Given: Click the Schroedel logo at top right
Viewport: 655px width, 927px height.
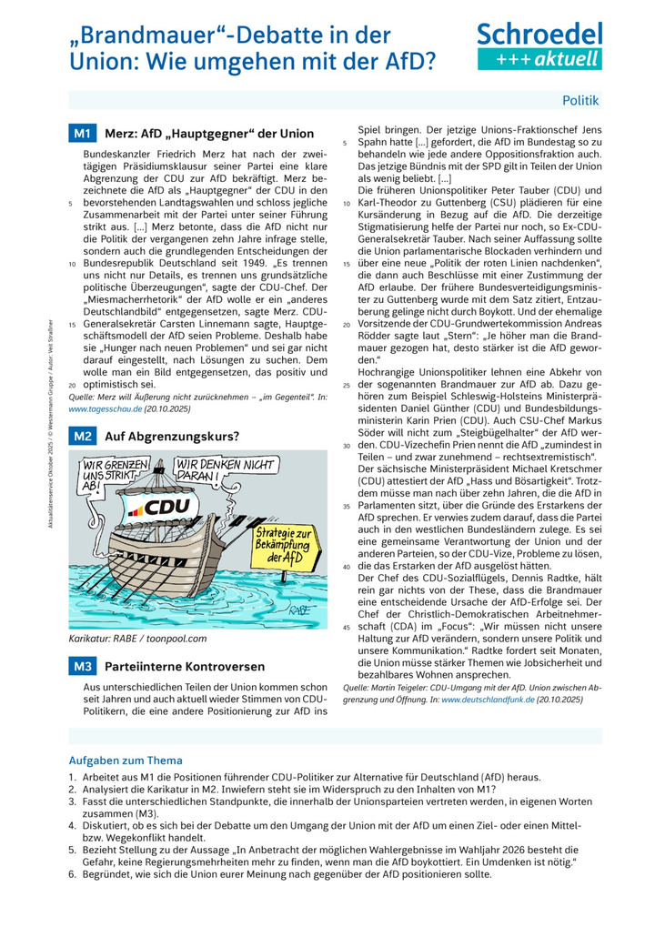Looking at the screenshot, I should (539, 35).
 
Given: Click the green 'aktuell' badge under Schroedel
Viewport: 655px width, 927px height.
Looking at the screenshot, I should (539, 59).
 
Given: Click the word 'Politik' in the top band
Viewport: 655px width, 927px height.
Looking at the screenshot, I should (580, 100).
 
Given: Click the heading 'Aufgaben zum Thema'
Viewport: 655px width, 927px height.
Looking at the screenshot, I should (126, 761).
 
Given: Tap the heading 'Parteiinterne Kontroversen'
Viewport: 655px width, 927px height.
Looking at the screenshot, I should (186, 667).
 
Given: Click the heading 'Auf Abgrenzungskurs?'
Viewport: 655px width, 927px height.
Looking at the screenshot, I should (172, 437).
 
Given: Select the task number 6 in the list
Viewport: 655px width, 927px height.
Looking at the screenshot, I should (72, 874).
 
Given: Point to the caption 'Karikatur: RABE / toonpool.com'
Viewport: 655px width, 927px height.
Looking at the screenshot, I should (137, 639).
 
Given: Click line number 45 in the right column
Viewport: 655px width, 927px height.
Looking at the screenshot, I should (347, 628).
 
